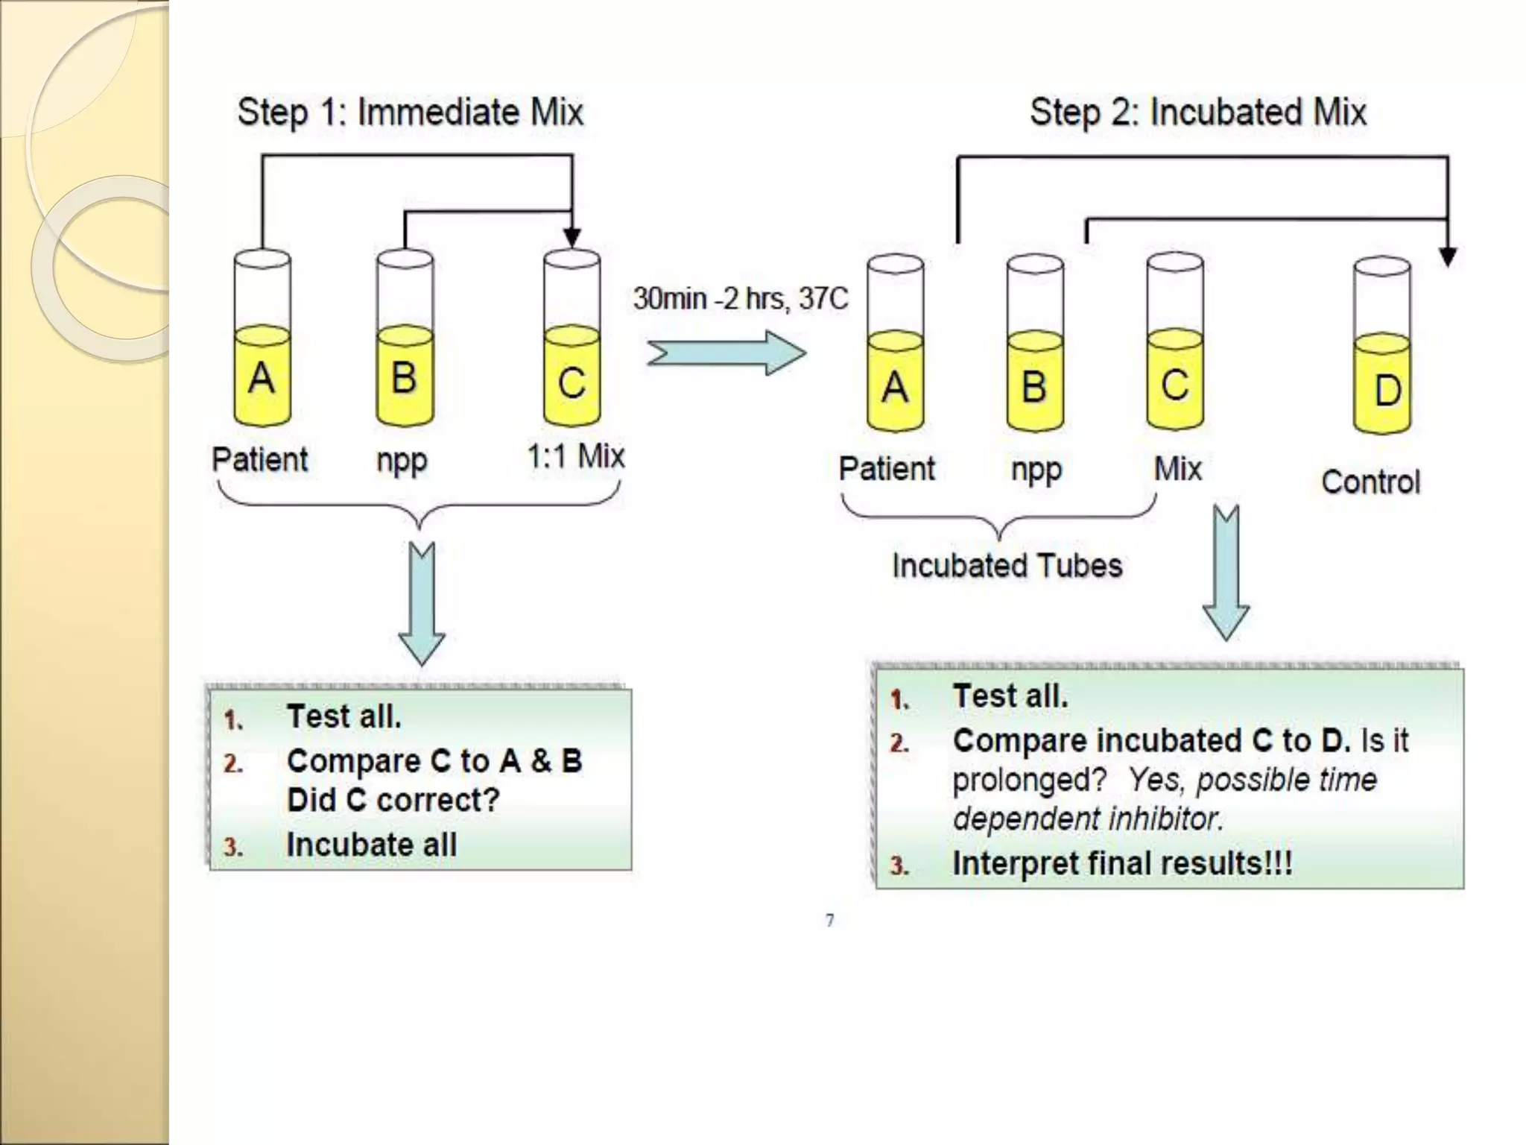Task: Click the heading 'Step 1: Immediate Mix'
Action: pos(410,113)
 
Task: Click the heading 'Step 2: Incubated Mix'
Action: pos(1197,113)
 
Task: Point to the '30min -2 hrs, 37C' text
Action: pos(740,299)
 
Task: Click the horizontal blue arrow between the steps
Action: pos(726,353)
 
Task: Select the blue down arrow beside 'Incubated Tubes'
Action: pos(1226,574)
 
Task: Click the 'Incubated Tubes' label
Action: pos(1007,566)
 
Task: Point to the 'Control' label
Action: pos(1370,482)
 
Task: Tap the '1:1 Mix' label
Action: pos(575,456)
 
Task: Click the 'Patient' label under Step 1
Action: pos(259,459)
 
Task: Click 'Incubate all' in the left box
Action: pos(371,845)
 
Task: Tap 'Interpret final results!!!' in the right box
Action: pos(1122,863)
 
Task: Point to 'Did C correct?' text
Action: pos(393,800)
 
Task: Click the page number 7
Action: pos(829,921)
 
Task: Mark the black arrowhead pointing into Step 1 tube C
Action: pos(572,237)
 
